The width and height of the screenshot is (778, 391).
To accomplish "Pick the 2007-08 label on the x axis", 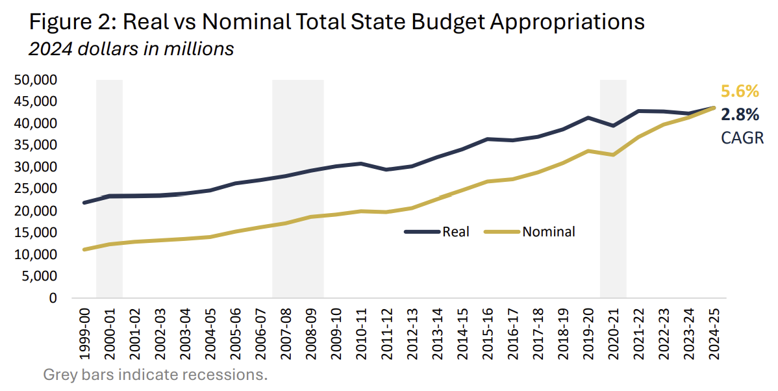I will click(x=286, y=331).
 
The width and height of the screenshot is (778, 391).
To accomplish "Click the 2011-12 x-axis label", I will click(x=386, y=331).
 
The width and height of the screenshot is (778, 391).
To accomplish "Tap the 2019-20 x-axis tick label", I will click(x=588, y=331).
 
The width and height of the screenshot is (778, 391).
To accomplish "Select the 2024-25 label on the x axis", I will click(x=714, y=331).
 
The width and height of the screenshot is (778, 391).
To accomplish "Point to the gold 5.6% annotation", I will click(x=740, y=92).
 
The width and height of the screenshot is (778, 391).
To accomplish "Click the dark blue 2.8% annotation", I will click(x=740, y=115).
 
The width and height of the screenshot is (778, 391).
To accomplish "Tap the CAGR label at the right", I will click(x=741, y=138).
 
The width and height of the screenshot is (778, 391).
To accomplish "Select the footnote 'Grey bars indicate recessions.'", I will click(x=155, y=375).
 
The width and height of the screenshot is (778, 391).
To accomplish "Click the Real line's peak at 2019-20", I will click(x=588, y=118).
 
